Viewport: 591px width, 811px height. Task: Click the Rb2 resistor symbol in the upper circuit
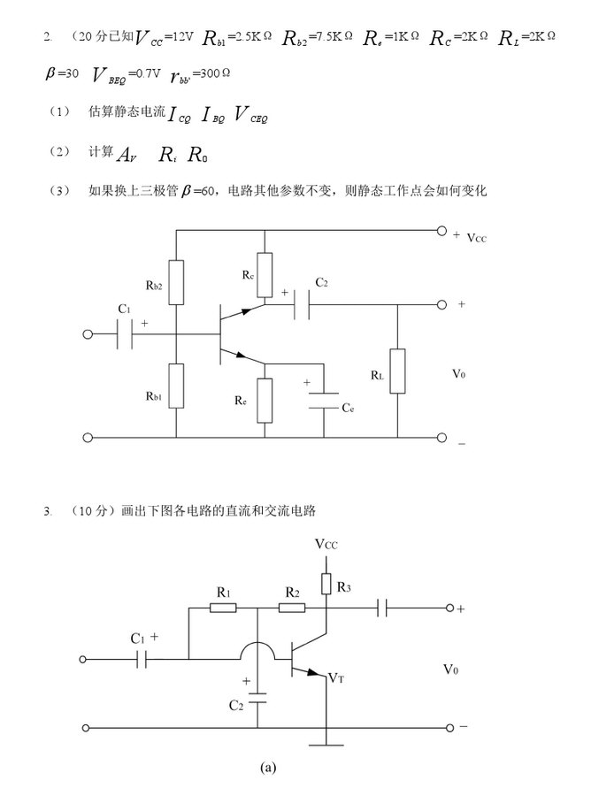[177, 282]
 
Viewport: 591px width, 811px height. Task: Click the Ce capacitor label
[348, 409]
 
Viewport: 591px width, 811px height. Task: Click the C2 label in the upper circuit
[321, 283]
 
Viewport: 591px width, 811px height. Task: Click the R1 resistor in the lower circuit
[224, 608]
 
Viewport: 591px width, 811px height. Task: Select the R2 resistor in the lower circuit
[291, 608]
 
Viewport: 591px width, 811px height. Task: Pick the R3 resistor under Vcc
[326, 583]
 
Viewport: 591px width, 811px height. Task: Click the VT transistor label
[335, 677]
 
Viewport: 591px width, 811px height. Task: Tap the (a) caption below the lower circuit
[269, 768]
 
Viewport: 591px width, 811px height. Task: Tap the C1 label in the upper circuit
[124, 309]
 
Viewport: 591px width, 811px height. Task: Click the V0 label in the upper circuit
[457, 374]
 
